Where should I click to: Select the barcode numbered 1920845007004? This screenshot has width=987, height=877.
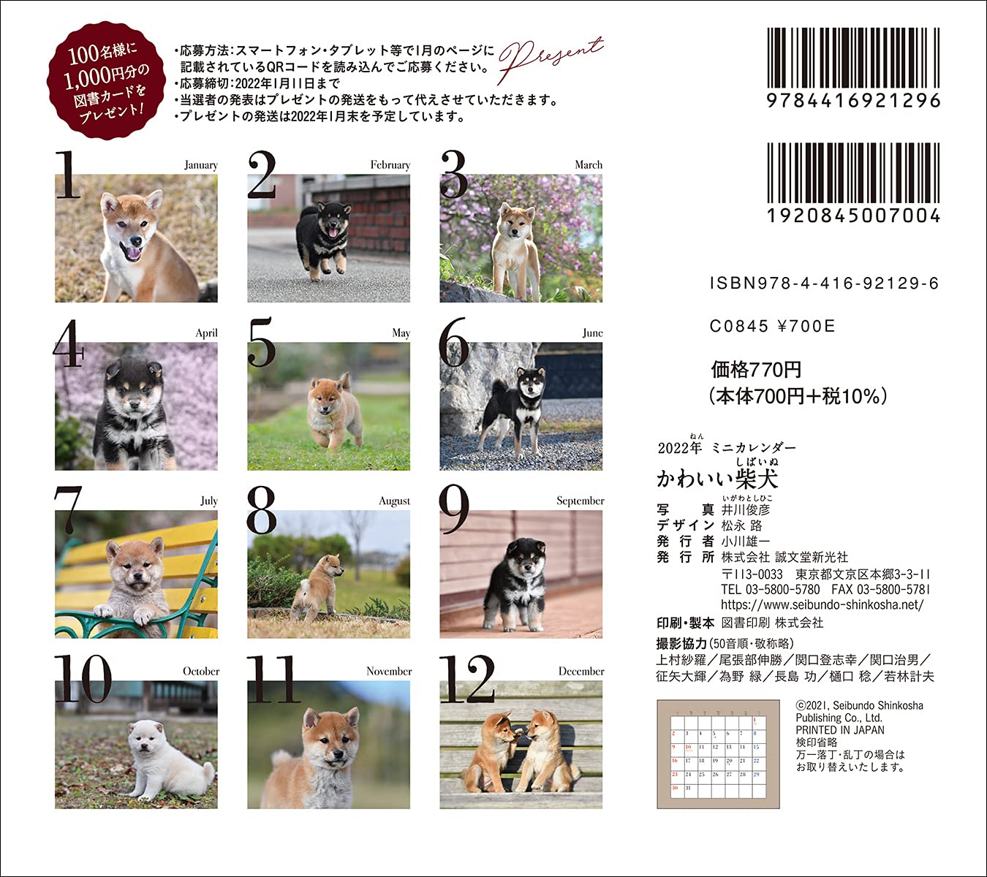coord(852,174)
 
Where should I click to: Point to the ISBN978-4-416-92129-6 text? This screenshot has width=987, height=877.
coord(824,284)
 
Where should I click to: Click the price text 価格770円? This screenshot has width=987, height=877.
coord(756,370)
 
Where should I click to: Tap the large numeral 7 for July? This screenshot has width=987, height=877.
coord(68,510)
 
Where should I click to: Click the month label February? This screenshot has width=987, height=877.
coord(390,165)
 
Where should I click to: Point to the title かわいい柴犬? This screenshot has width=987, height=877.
coord(716,478)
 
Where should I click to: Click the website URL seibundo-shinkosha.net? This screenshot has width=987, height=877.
coord(822,605)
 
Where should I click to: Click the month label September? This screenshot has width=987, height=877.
coord(580,501)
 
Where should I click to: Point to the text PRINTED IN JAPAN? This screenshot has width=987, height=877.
coord(839,730)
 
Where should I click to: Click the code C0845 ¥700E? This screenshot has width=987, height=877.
coord(772,327)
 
